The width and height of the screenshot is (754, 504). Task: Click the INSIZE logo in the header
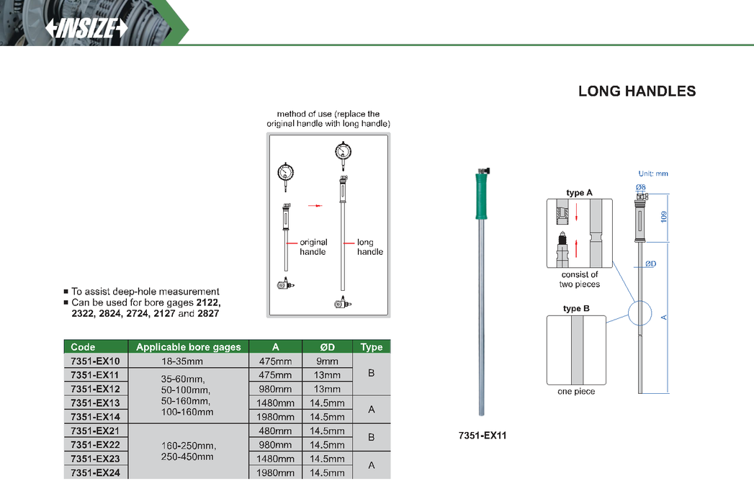click(86, 28)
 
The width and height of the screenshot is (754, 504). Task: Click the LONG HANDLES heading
click(637, 91)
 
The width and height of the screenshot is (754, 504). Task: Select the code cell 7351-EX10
click(95, 361)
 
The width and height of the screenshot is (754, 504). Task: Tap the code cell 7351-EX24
click(95, 472)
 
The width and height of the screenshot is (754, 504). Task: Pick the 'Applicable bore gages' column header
click(188, 347)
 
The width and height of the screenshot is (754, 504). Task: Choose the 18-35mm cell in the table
click(188, 361)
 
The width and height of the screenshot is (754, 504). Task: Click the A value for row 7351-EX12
click(274, 389)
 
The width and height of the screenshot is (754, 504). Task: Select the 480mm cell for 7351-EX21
click(274, 431)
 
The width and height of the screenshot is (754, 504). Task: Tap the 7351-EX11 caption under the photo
click(483, 436)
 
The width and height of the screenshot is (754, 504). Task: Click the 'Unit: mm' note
click(653, 174)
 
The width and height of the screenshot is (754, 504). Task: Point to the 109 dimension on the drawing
click(663, 216)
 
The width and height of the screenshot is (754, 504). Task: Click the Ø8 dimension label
click(640, 187)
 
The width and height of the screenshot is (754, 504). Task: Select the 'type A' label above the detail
click(579, 193)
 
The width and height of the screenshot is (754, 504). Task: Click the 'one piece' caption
click(575, 392)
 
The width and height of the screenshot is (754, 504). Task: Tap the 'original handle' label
click(313, 247)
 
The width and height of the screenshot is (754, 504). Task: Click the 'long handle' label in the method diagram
click(369, 247)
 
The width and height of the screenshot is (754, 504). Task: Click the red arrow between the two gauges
click(314, 205)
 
